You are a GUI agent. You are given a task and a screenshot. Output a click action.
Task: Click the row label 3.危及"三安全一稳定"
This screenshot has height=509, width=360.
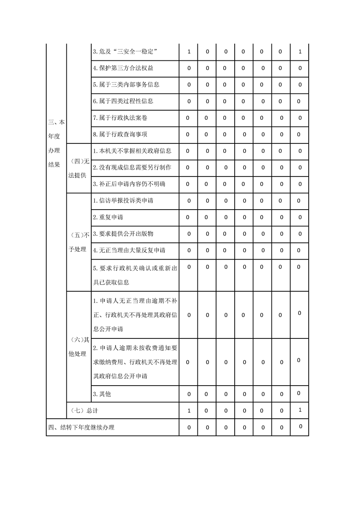pyautogui.click(x=125, y=52)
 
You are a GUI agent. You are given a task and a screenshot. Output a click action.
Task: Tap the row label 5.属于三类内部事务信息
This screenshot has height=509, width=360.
pyautogui.click(x=126, y=84)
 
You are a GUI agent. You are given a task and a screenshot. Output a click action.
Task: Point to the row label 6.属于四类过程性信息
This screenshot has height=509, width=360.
pyautogui.click(x=123, y=101)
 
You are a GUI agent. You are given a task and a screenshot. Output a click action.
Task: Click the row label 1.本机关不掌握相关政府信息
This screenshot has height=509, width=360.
pyautogui.click(x=135, y=151)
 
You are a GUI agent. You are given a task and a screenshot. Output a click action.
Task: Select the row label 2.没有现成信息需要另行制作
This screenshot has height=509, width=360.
pyautogui.click(x=132, y=167)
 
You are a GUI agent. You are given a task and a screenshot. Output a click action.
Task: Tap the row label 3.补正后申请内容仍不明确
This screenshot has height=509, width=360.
pyautogui.click(x=129, y=184)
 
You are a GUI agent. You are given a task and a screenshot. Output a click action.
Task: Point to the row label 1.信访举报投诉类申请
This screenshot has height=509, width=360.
pyautogui.click(x=123, y=201)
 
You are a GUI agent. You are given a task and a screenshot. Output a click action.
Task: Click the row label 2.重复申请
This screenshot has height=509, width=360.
pyautogui.click(x=108, y=217)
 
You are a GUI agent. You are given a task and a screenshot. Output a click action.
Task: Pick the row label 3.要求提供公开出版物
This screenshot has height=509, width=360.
pyautogui.click(x=123, y=234)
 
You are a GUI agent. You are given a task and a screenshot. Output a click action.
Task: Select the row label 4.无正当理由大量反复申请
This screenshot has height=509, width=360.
pyautogui.click(x=129, y=250)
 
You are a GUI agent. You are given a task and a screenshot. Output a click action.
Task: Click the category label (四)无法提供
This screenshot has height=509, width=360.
pyautogui.click(x=78, y=168)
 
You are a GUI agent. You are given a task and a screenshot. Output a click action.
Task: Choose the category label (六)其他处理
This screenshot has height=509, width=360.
pyautogui.click(x=78, y=347)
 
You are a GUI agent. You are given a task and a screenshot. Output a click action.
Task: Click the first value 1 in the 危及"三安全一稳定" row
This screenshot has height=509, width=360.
pyautogui.click(x=189, y=52)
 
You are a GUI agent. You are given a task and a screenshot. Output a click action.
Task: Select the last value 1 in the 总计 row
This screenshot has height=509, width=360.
pyautogui.click(x=300, y=410)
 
